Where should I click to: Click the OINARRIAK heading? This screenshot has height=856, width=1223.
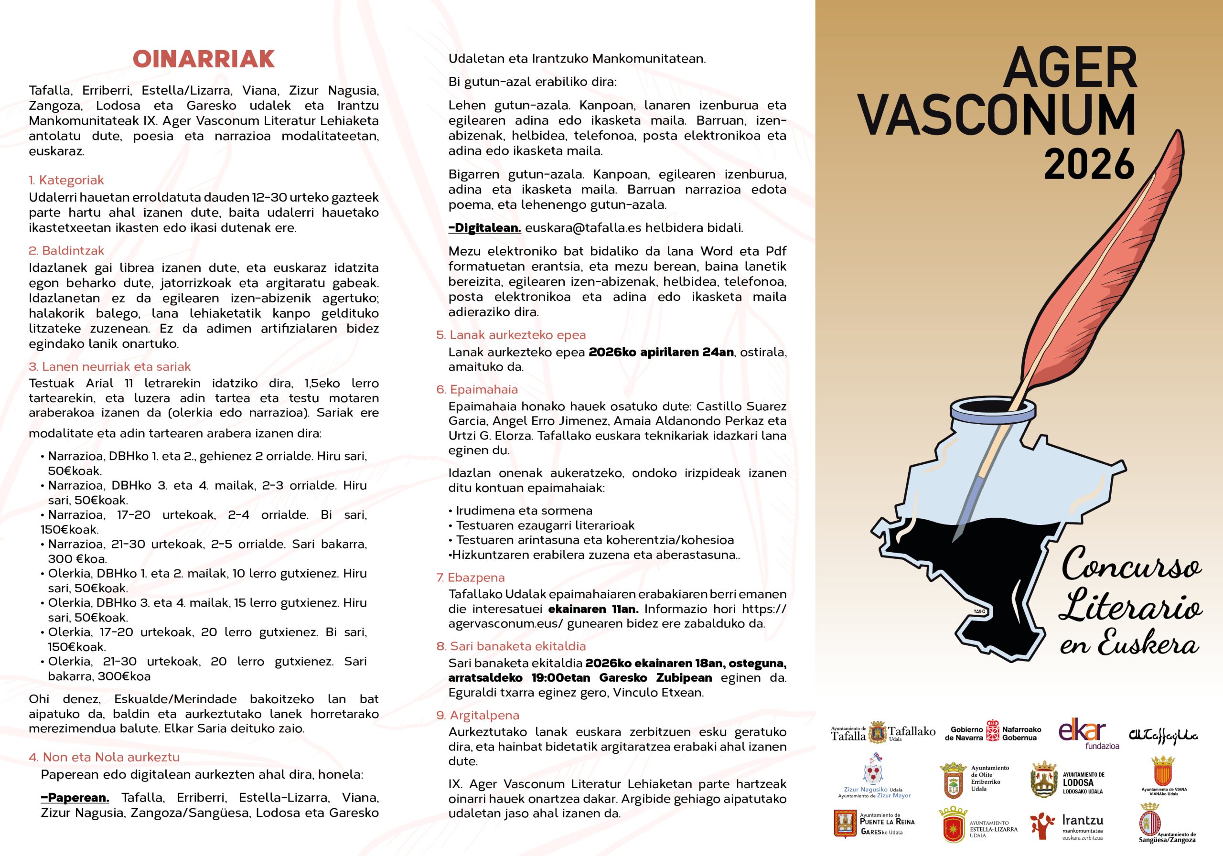tap(204, 59)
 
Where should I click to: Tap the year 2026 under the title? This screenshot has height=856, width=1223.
tap(1089, 165)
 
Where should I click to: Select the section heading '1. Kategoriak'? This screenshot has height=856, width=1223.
tap(66, 180)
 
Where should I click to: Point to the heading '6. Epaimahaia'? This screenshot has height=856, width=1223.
tap(477, 389)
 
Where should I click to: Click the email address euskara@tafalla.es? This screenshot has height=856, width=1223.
tap(583, 228)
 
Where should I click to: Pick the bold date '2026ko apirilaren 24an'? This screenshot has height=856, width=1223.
tap(661, 352)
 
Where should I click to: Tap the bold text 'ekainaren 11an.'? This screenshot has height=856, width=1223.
tap(592, 609)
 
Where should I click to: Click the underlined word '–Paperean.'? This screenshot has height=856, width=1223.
tap(75, 797)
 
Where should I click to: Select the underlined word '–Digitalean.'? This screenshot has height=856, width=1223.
tap(485, 228)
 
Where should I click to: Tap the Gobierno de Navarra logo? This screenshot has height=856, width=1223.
tap(993, 733)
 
